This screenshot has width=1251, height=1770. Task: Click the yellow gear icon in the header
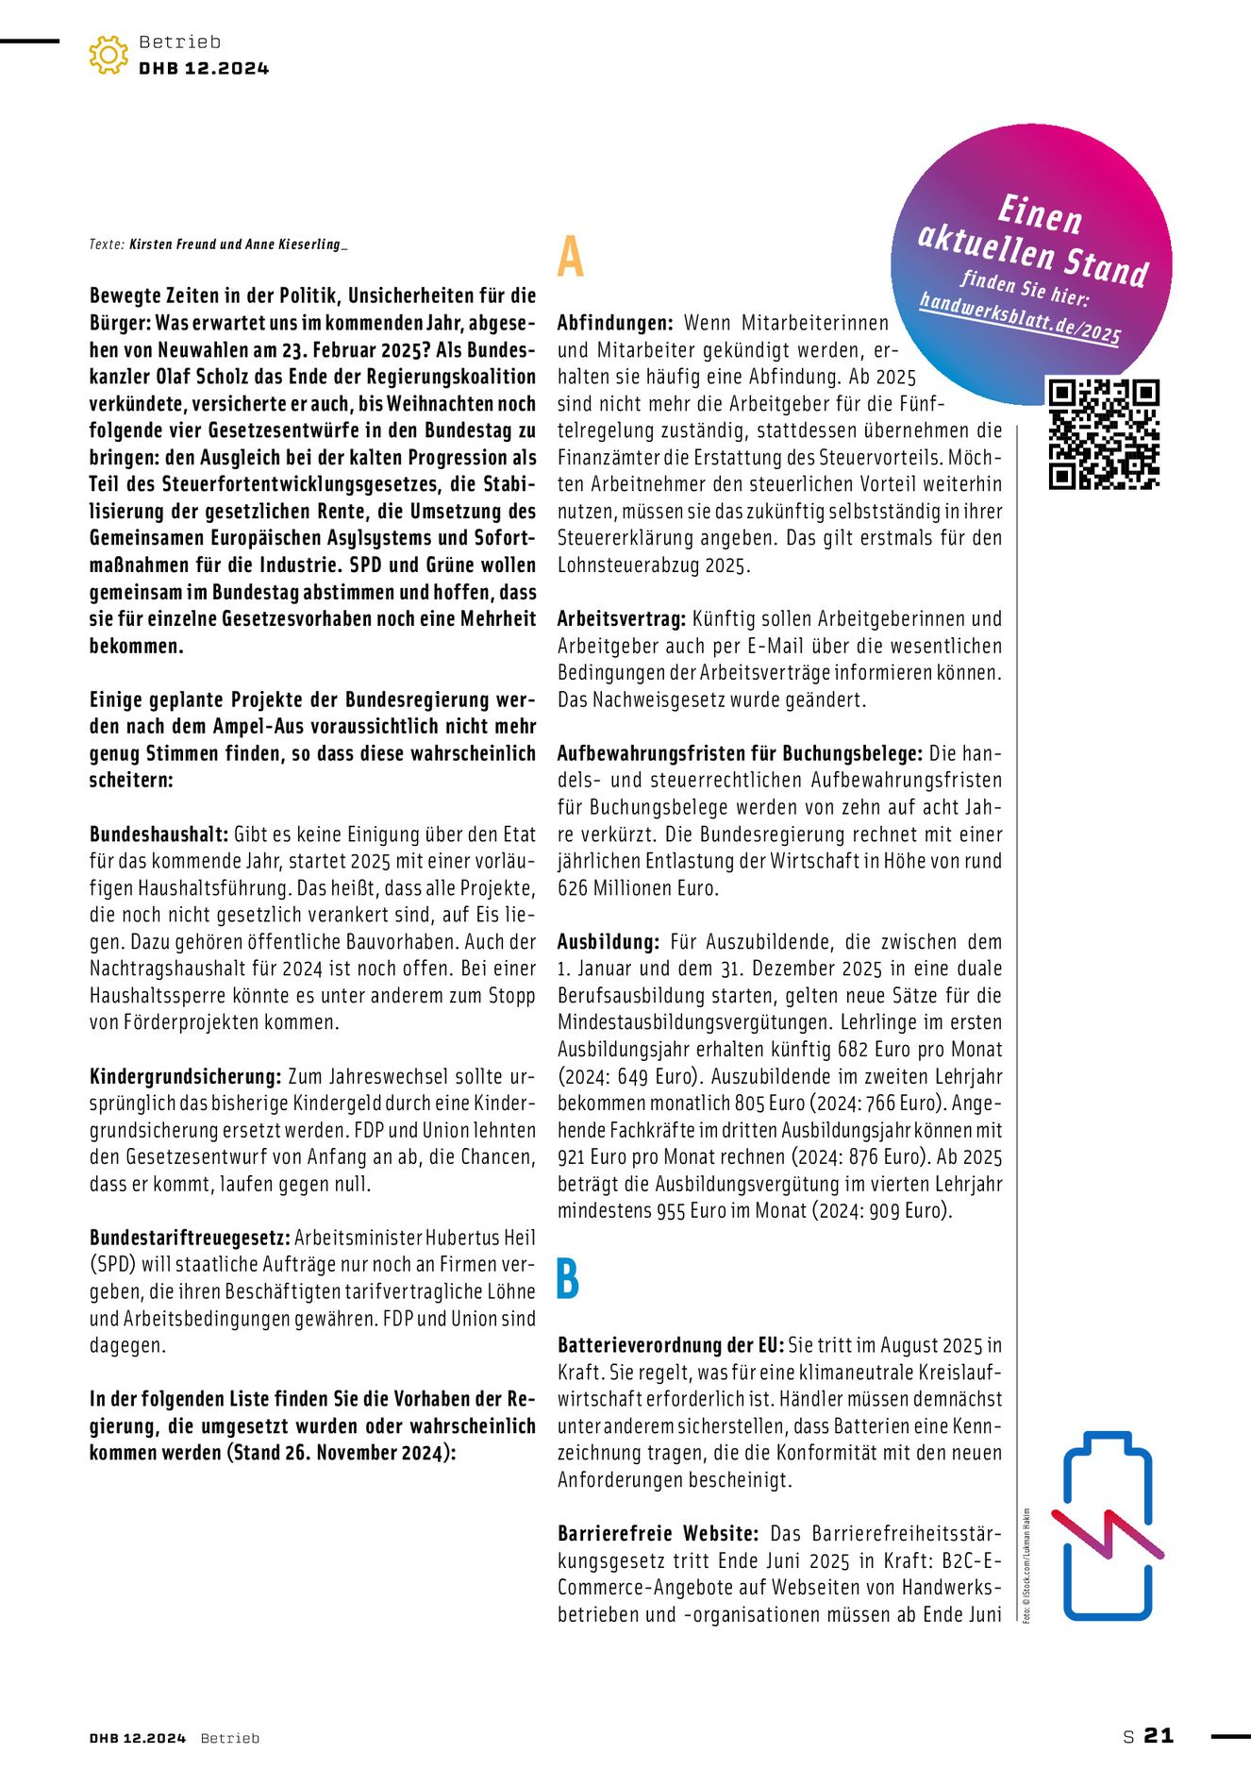click(x=108, y=55)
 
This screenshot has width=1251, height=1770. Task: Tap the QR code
click(x=1103, y=434)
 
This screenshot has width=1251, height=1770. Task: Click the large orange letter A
click(x=570, y=258)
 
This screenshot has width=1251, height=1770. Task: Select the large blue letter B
click(x=568, y=1279)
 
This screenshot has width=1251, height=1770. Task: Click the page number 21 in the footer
click(x=1159, y=1735)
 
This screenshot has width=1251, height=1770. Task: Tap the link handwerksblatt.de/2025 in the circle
click(x=1019, y=319)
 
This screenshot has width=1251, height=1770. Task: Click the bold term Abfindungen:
click(x=614, y=323)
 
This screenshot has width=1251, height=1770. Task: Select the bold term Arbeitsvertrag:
click(x=621, y=619)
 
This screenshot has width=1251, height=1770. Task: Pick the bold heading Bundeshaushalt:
click(x=158, y=834)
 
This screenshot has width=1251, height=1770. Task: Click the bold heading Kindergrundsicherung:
click(x=185, y=1076)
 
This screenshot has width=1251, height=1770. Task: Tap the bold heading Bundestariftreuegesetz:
click(x=191, y=1238)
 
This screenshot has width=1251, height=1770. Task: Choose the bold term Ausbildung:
click(x=608, y=942)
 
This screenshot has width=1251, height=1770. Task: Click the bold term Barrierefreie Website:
click(x=658, y=1534)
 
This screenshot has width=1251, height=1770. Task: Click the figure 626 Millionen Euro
click(x=637, y=888)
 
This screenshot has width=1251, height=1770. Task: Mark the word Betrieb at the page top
click(x=179, y=42)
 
